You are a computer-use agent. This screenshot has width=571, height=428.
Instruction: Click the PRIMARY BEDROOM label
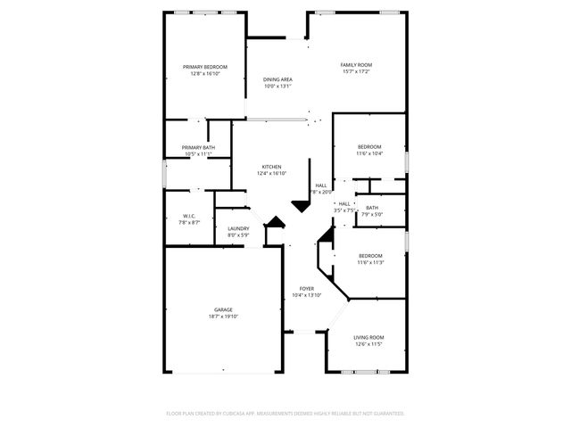tap(205, 67)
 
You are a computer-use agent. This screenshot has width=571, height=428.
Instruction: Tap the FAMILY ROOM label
tap(357, 65)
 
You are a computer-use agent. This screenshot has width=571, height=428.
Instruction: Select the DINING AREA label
tap(277, 80)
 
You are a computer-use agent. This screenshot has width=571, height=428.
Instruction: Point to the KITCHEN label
tap(272, 167)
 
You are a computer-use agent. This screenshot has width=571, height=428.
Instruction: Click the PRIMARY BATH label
tap(198, 147)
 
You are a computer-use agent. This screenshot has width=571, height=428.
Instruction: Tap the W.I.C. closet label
tap(189, 215)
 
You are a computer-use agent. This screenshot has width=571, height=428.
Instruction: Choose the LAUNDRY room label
tap(238, 228)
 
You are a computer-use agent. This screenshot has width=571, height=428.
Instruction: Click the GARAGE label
tap(223, 309)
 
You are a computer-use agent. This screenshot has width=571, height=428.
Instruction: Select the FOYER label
tap(306, 288)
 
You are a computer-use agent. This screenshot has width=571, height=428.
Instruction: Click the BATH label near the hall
tap(372, 208)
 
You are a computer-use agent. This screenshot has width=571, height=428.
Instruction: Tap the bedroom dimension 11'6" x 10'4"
tap(370, 153)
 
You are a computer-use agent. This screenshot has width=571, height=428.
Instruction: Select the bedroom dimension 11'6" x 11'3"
tap(370, 263)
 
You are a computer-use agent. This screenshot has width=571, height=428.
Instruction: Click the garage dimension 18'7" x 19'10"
tap(223, 317)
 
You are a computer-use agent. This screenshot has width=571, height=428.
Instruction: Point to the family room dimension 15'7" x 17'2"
tap(357, 72)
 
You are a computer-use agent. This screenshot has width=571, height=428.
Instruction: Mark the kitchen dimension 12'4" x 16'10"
tap(272, 174)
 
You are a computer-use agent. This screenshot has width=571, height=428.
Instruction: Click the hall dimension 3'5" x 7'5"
tap(344, 210)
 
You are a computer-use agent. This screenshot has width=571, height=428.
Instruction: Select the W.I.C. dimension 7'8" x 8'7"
tap(189, 222)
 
